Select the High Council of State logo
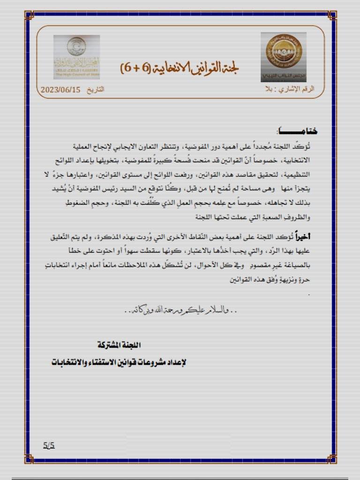76,56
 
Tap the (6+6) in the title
133,68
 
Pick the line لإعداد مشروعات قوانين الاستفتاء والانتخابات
119,362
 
